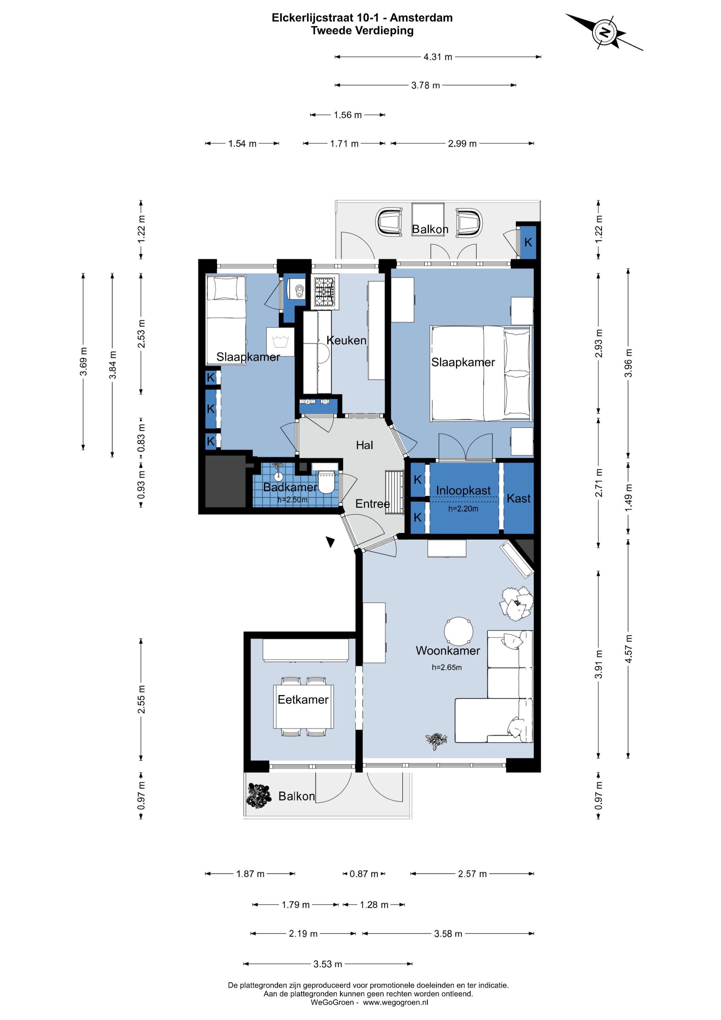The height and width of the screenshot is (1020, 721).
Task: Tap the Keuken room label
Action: tap(346, 340)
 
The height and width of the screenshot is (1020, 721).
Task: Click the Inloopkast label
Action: tap(463, 491)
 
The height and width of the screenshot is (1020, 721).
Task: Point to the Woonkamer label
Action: tap(447, 650)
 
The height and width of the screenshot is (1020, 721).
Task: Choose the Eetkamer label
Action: tap(303, 699)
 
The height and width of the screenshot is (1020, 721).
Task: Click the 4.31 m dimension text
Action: tap(438, 57)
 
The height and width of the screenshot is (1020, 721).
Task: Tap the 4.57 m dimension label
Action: tap(628, 649)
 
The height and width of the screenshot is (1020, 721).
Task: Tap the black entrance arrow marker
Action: tap(330, 542)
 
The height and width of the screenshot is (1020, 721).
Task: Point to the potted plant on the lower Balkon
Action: tap(258, 796)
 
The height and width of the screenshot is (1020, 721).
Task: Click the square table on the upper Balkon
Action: tap(427, 219)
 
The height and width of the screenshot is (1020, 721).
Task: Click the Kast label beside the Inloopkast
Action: tap(518, 498)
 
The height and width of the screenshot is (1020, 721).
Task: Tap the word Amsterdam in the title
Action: tap(421, 18)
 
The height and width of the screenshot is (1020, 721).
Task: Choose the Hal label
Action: tap(365, 445)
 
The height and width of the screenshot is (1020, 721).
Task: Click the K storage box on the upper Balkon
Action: tap(528, 242)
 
